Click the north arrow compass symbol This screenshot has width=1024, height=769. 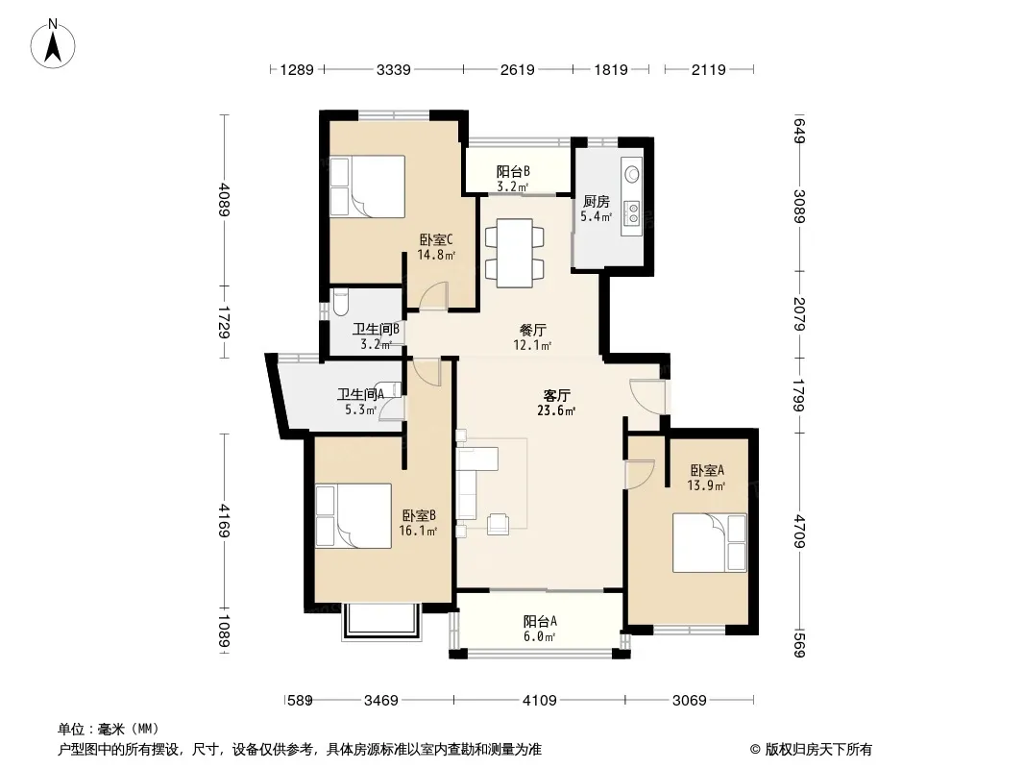click(53, 44)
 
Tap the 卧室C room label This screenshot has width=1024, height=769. click(436, 239)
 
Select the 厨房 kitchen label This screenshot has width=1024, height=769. click(597, 201)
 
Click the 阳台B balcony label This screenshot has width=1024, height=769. click(513, 171)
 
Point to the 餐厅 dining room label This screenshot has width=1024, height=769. click(532, 330)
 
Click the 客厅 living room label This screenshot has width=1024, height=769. click(557, 395)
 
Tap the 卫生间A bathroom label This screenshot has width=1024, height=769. click(360, 394)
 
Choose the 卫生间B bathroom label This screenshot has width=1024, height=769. click(376, 329)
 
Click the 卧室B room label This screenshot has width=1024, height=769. click(419, 515)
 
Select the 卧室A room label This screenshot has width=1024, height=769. click(707, 470)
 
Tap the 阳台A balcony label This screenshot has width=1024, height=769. click(540, 621)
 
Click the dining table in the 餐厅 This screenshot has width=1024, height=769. click(514, 252)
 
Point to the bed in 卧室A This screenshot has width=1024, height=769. click(710, 542)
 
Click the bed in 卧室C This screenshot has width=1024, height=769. click(367, 186)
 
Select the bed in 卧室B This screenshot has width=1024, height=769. click(354, 515)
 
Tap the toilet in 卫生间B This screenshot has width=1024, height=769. click(340, 303)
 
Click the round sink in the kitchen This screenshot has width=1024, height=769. click(632, 174)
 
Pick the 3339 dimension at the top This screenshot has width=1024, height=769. click(394, 69)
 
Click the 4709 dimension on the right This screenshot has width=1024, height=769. click(800, 532)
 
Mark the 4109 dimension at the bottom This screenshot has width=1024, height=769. click(540, 701)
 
